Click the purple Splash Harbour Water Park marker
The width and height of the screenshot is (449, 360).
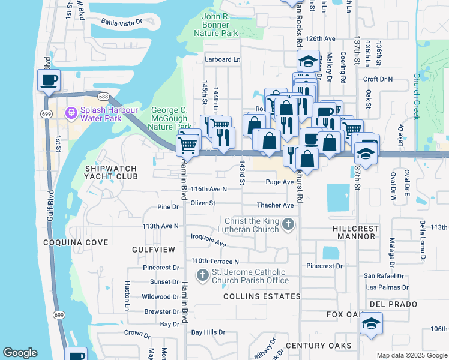(71, 112)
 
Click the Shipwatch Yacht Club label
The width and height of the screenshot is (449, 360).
(111, 173)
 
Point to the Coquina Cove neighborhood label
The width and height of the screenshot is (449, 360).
(76, 242)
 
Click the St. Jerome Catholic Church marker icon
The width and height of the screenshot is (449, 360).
(202, 275)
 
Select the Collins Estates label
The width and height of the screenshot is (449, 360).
(262, 296)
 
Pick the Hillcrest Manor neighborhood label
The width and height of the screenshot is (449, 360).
(355, 233)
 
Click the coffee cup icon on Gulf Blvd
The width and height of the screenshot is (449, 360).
(49, 80)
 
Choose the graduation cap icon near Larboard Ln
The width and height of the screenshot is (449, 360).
(308, 61)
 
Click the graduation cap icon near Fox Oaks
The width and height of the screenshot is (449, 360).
(371, 325)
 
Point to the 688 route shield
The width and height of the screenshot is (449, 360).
(103, 96)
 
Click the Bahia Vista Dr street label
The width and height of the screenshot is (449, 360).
(121, 22)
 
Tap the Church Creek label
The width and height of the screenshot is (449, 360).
(415, 97)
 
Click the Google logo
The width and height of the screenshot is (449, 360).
(20, 353)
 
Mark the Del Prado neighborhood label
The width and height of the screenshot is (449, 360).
(393, 304)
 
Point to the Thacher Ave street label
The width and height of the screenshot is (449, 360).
(276, 205)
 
